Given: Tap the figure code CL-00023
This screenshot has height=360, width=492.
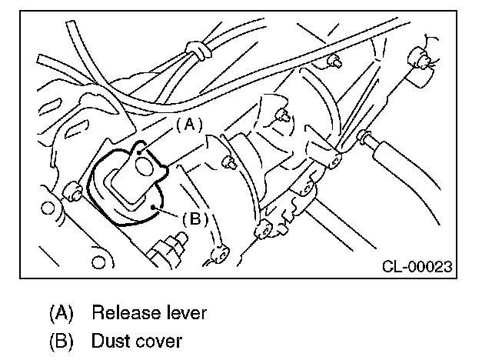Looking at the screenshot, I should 416,267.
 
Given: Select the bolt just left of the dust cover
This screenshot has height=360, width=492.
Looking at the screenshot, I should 73,189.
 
